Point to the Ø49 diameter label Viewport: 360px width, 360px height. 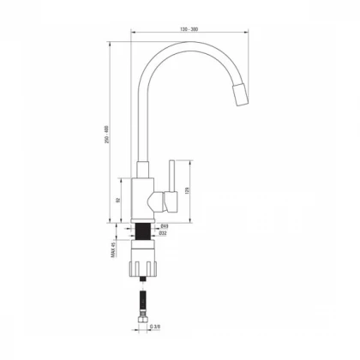point(164,226)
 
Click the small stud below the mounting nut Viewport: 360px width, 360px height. point(143,282)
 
